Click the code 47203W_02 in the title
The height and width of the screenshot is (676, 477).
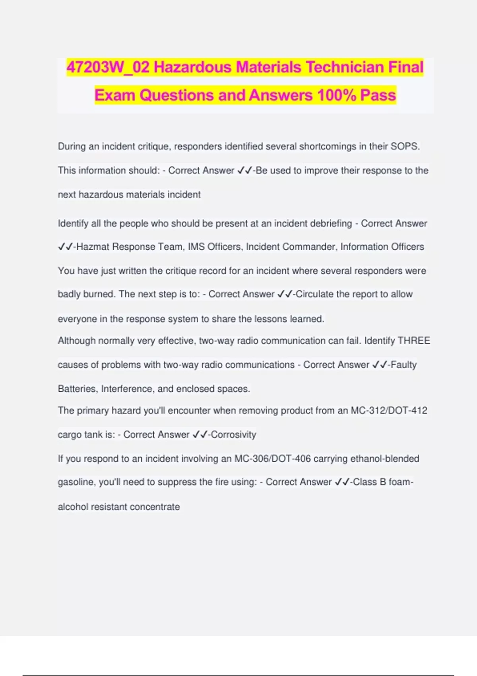coord(108,67)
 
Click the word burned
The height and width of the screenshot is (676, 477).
coord(99,294)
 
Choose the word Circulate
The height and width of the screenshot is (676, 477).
coord(314,294)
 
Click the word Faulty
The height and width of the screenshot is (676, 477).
coord(403,365)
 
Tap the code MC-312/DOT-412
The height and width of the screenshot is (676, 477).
coord(389,410)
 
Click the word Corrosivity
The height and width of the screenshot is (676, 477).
coord(233,435)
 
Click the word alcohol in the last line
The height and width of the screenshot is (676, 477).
coord(72,507)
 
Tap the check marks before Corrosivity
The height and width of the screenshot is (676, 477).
coord(200,435)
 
